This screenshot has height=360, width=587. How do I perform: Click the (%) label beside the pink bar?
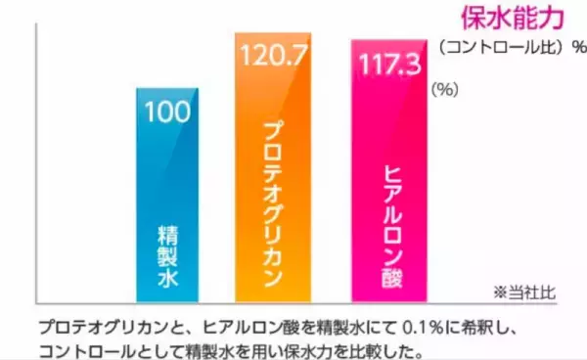click(x=444, y=88)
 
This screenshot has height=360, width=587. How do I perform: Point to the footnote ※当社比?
click(x=526, y=292)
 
